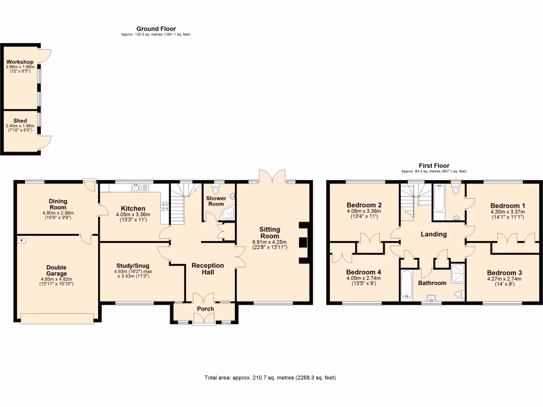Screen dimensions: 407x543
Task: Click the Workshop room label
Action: [20, 62]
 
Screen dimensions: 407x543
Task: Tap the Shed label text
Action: [20, 121]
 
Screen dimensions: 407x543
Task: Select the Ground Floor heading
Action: [156, 29]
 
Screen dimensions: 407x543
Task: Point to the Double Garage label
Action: [56, 270]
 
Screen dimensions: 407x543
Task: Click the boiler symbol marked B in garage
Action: [21, 241]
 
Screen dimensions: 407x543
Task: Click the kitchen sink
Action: [137, 187]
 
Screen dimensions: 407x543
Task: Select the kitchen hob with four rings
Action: [164, 206]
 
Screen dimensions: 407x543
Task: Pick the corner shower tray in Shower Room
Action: [228, 213]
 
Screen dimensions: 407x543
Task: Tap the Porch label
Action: [206, 309]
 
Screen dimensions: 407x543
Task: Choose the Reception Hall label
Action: [208, 269]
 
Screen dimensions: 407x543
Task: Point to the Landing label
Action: [434, 234]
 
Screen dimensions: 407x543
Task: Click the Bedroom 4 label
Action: [363, 272]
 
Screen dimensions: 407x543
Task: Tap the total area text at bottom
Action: [270, 378]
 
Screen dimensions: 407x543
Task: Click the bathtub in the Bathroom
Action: [406, 285]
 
